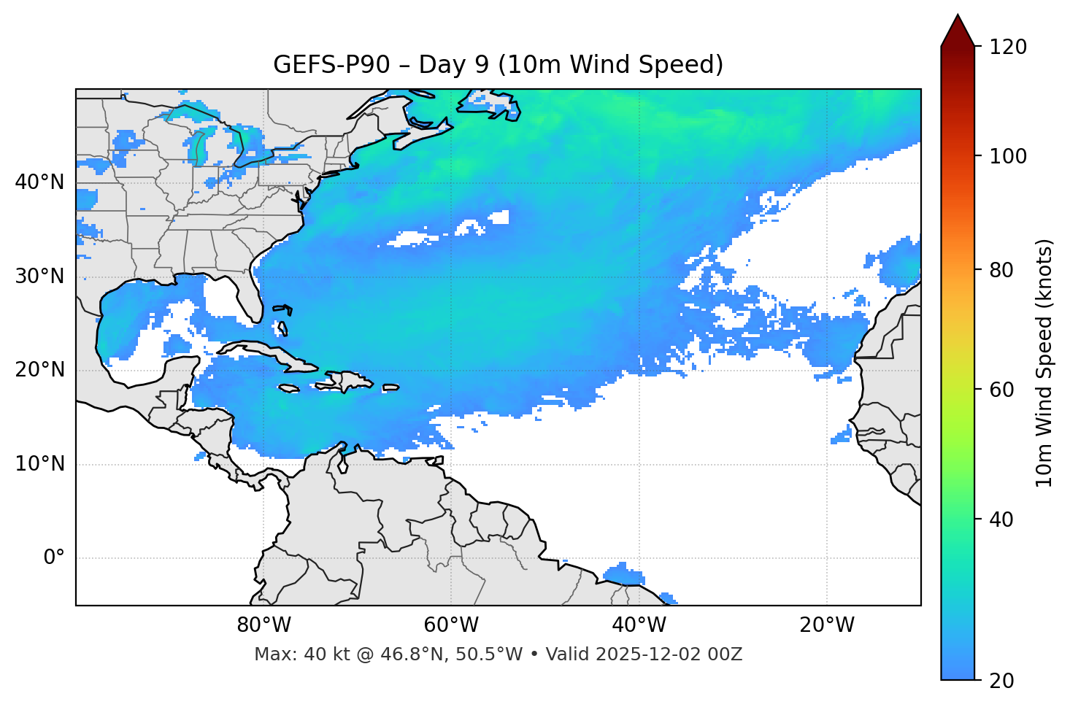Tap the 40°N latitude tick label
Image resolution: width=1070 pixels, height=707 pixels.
39,182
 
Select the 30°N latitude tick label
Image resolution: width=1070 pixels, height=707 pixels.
39,277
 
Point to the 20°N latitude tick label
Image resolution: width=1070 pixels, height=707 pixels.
39,370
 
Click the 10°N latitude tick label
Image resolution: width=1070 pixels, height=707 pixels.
39,464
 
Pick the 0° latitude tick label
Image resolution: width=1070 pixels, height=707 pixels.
54,558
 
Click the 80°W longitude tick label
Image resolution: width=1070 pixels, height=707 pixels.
263,625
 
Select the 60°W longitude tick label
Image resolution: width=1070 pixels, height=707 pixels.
451,625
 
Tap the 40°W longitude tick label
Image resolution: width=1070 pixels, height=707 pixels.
639,625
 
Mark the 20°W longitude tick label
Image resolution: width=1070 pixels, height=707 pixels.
826,625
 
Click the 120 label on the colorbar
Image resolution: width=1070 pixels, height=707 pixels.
1009,47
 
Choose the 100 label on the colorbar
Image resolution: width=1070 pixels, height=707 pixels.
1009,156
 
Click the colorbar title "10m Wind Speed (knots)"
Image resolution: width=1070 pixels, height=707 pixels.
1044,363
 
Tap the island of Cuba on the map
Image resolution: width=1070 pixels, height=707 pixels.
263,352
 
